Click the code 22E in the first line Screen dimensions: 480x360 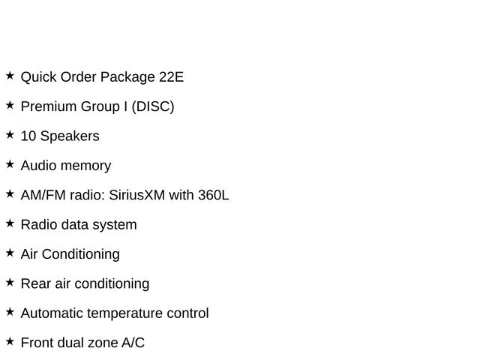pyautogui.click(x=171, y=76)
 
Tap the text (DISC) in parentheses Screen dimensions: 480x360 pyautogui.click(x=153, y=106)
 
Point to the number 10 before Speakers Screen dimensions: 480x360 pyautogui.click(x=28, y=136)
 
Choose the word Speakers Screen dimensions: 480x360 pyautogui.click(x=70, y=136)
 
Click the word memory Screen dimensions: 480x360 pyautogui.click(x=85, y=166)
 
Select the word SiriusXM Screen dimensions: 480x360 pyautogui.click(x=136, y=195)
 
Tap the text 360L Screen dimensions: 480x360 pyautogui.click(x=213, y=195)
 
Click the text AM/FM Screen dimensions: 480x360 pyautogui.click(x=43, y=195)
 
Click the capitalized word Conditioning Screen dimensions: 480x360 pyautogui.click(x=80, y=255)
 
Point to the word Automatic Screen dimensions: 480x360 pyautogui.click(x=52, y=313)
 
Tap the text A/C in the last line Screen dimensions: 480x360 pyautogui.click(x=133, y=343)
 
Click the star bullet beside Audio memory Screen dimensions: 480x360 pyautogui.click(x=10, y=164)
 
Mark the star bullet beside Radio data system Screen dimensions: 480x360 pyautogui.click(x=10, y=223)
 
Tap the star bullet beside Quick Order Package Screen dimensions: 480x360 pyautogui.click(x=10, y=75)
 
